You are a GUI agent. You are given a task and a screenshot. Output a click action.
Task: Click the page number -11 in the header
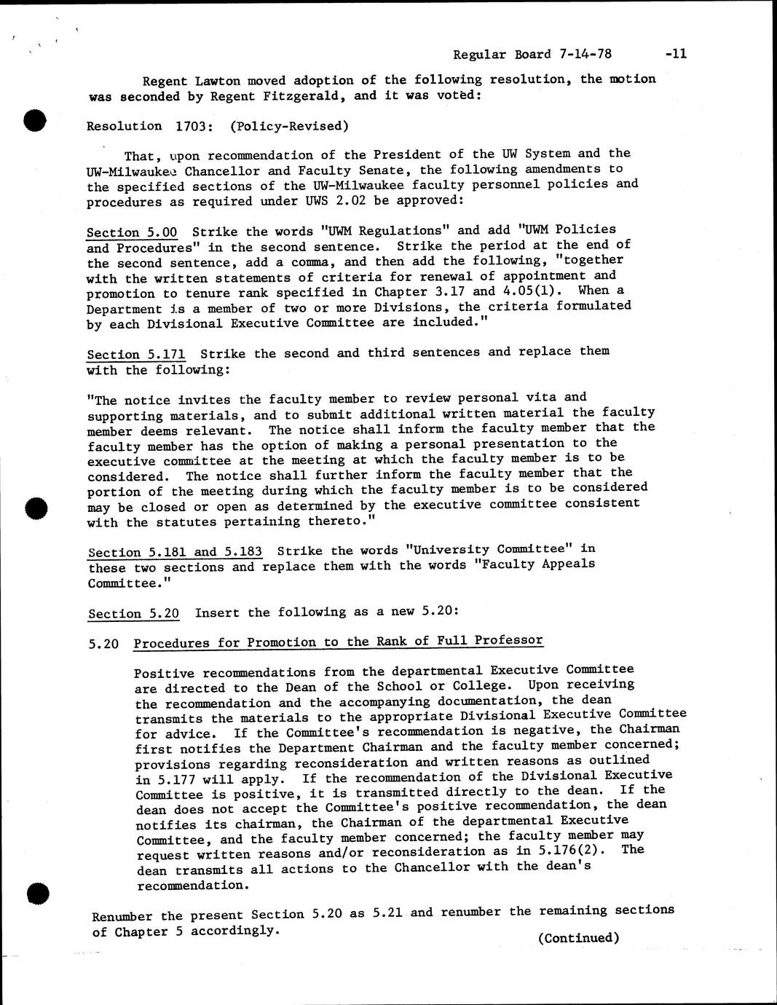[675, 53]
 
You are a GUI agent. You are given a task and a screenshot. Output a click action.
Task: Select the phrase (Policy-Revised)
[289, 126]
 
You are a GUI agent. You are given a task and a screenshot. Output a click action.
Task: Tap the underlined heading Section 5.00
[132, 233]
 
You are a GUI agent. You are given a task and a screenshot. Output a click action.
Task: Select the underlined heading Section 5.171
[136, 355]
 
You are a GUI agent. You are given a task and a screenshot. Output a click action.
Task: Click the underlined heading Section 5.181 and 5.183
[175, 552]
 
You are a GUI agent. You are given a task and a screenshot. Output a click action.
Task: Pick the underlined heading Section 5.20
[133, 613]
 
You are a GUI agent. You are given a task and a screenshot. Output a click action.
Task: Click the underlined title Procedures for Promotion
[338, 642]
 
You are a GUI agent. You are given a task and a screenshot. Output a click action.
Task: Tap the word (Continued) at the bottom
[578, 938]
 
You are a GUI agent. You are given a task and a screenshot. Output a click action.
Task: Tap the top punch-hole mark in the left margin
[34, 119]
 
